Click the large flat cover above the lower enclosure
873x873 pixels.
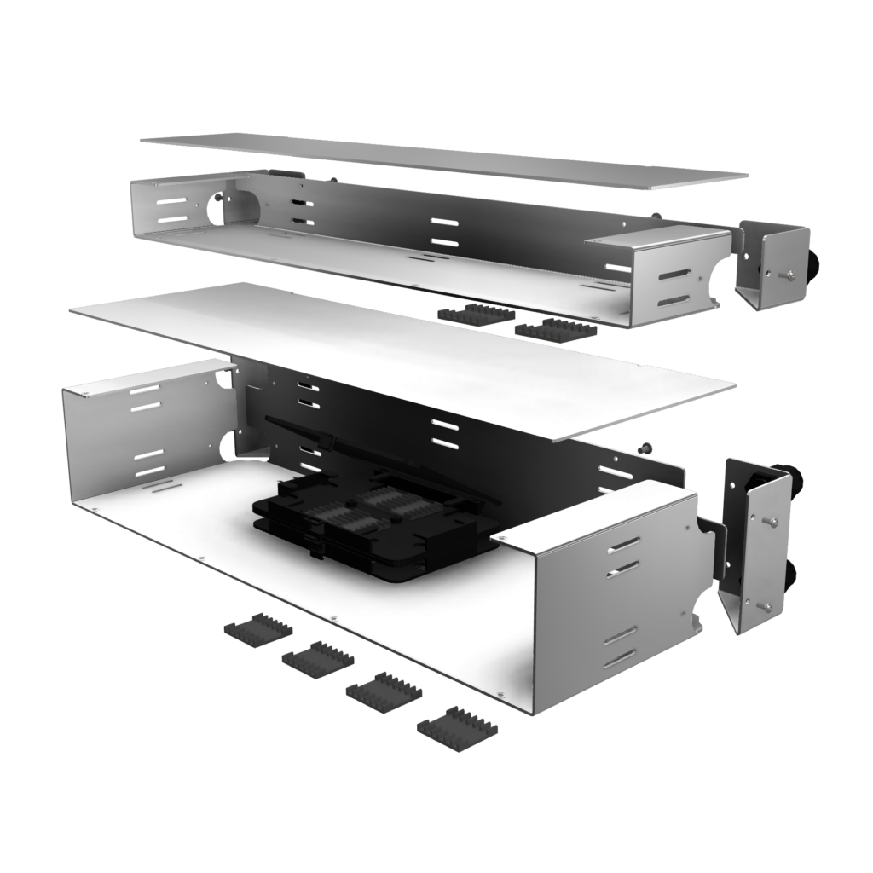click(x=401, y=358)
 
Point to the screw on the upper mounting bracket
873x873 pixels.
click(x=789, y=274)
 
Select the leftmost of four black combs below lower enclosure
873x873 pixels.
click(x=257, y=629)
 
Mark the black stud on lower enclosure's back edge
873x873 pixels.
click(x=645, y=447)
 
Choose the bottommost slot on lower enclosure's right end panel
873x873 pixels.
click(x=620, y=658)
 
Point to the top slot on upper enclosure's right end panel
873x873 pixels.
click(x=674, y=275)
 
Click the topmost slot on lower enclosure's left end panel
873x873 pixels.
click(x=145, y=390)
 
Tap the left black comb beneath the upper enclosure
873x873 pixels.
click(x=473, y=315)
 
